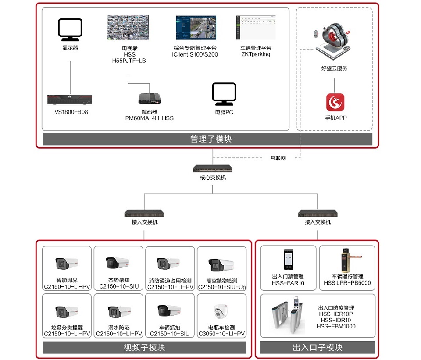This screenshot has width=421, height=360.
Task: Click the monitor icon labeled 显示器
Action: coord(70,30)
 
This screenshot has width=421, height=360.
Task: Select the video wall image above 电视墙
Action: coord(128,29)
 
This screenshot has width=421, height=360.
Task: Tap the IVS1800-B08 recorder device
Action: coord(71,100)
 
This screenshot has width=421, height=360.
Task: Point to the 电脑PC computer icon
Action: coord(224,94)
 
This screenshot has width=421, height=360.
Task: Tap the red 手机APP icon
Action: coord(335,102)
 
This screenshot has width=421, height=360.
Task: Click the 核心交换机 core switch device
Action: coord(213,169)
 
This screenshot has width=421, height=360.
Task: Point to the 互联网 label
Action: coord(278,158)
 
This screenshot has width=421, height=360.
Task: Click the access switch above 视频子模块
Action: coord(144,214)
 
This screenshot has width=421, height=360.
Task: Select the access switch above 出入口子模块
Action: coord(318,214)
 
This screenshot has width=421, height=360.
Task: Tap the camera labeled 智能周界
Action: coord(67,264)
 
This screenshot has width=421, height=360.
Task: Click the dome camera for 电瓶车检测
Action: coord(221,312)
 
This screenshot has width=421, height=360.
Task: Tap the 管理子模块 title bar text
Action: coord(210,139)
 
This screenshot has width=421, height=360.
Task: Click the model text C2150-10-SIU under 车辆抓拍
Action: coord(168,334)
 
